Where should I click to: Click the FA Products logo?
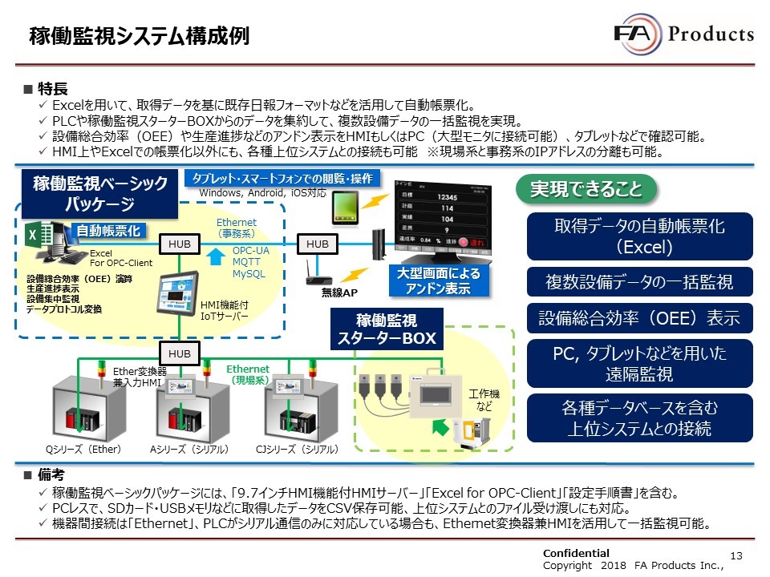683,33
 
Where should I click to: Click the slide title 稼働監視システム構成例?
139,35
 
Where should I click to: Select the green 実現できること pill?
586,189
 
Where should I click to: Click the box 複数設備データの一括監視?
640,280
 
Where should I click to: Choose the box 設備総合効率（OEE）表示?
640,318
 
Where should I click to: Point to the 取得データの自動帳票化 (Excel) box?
640,236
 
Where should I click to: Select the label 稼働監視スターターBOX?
385,329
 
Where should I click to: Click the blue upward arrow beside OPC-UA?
214,256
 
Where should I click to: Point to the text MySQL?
249,274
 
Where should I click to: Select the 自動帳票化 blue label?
108,231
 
